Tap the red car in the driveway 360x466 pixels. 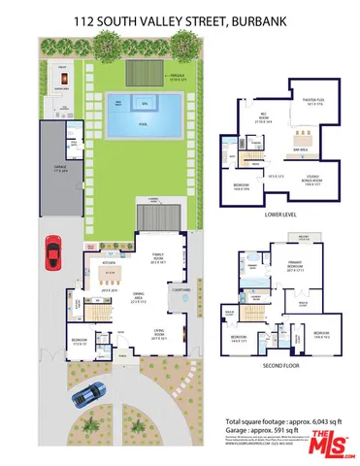click(x=51, y=255)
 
